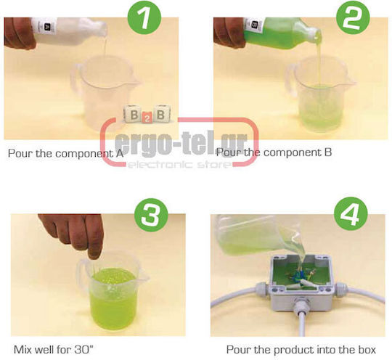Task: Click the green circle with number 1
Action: tap(144, 17)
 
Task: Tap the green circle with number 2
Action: tap(353, 17)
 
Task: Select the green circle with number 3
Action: tap(151, 215)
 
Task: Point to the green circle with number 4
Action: tap(351, 213)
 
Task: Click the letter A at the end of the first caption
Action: tap(120, 153)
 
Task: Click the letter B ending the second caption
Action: tap(327, 152)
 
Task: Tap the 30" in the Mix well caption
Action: tap(83, 349)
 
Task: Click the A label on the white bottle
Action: tap(46, 26)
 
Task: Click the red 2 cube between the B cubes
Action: tap(147, 118)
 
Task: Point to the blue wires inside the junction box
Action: tap(301, 274)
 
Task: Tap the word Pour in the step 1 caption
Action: tap(20, 153)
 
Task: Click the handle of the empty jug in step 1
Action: tap(76, 78)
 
